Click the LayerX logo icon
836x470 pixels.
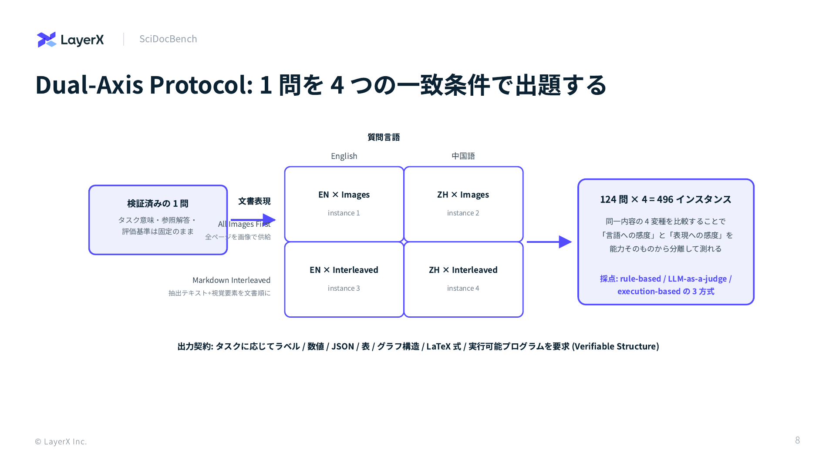point(47,40)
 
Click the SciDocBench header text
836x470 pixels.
point(168,39)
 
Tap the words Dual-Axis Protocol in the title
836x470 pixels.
point(144,84)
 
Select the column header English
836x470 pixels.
point(344,156)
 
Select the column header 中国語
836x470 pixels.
point(463,156)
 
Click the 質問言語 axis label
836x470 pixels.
point(384,137)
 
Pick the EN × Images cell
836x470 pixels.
point(344,204)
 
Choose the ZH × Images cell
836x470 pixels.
point(463,204)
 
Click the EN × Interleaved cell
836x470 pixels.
point(344,279)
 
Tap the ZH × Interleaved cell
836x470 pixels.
point(463,279)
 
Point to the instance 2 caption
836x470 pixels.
point(463,213)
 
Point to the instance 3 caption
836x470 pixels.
point(344,288)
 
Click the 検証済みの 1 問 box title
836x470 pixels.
point(158,203)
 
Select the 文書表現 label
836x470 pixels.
point(254,201)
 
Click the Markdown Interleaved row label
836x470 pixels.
point(232,280)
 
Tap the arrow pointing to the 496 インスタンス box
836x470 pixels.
point(549,242)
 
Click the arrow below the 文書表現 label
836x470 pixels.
point(253,220)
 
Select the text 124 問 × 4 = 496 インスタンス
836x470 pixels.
point(666,199)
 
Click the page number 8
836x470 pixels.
point(798,440)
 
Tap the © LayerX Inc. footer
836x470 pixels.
point(61,441)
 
